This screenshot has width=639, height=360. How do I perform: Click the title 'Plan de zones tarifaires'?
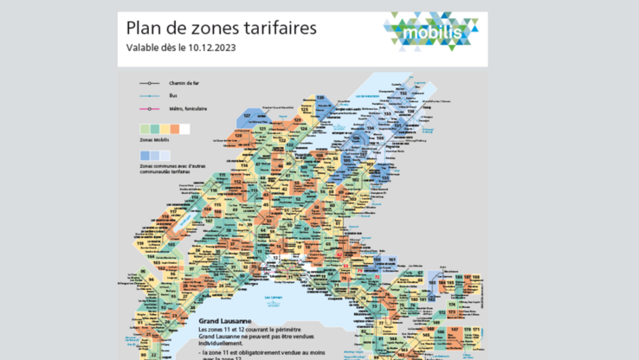coord(222,28)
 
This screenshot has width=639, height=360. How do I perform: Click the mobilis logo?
coord(430,33)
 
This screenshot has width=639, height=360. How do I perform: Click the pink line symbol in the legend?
coord(152,108)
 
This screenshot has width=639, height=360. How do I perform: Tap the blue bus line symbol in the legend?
coord(152,96)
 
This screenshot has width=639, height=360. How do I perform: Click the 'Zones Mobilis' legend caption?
coord(155,139)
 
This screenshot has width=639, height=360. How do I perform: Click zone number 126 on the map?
coord(319,97)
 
